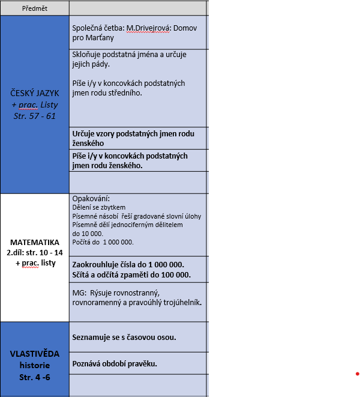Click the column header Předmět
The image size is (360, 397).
pyautogui.click(x=34, y=8)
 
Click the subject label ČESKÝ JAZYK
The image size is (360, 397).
pyautogui.click(x=34, y=93)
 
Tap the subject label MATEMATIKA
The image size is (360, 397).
pyautogui.click(x=34, y=242)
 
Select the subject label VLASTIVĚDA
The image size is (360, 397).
pyautogui.click(x=34, y=354)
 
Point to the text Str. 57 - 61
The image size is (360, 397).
pyautogui.click(x=34, y=116)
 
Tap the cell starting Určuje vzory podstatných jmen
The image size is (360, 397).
pyautogui.click(x=138, y=138)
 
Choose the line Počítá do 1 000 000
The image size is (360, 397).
pyautogui.click(x=103, y=242)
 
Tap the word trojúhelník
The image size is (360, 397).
pyautogui.click(x=180, y=302)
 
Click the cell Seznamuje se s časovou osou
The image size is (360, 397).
pyautogui.click(x=124, y=337)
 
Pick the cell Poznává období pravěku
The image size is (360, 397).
pyautogui.click(x=114, y=363)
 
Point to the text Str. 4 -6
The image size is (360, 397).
pyautogui.click(x=34, y=377)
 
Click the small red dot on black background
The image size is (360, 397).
pyautogui.click(x=356, y=374)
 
